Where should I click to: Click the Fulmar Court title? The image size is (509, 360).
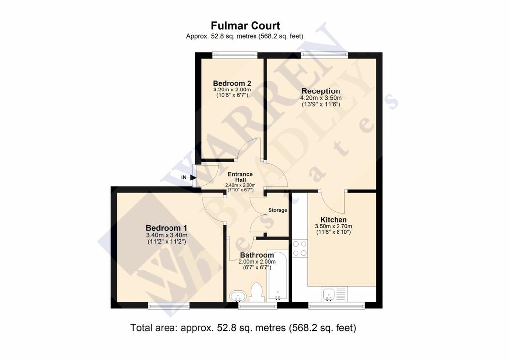point(246,26)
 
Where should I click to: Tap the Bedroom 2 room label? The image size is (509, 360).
point(232,83)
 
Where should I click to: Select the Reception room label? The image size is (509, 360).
point(321,91)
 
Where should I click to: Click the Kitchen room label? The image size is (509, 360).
point(334,220)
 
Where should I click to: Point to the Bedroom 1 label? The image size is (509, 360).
point(166,228)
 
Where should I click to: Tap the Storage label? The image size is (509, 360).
point(278,210)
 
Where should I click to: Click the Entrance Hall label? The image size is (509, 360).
point(240,177)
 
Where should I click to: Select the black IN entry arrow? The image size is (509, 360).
point(193,177)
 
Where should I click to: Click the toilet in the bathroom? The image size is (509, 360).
point(257,292)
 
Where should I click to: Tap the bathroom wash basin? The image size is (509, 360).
point(238,296)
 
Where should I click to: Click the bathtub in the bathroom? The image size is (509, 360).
point(277,275)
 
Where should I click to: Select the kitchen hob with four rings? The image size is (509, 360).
point(300,248)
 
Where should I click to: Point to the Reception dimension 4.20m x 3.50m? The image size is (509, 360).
point(321,98)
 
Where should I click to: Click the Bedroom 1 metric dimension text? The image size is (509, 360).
point(167,235)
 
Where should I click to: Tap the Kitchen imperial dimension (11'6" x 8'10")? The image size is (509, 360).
point(334,232)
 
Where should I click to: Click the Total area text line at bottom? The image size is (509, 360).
point(243,328)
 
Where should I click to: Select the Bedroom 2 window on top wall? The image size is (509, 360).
point(235,55)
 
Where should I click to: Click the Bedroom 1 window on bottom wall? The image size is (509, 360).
point(169,305)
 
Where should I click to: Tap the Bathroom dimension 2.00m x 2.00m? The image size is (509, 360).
point(257,262)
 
